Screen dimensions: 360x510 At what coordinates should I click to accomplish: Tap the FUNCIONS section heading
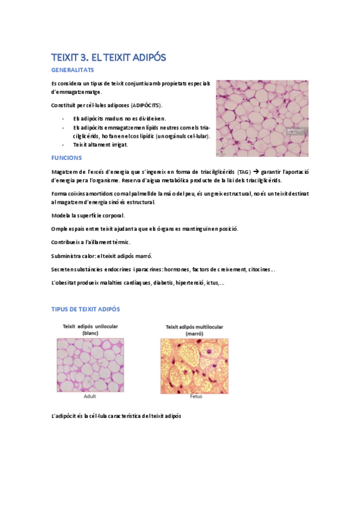coord(69,158)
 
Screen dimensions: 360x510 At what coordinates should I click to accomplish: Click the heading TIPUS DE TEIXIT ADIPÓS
coord(85,309)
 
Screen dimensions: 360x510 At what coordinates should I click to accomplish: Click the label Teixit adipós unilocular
coord(91,326)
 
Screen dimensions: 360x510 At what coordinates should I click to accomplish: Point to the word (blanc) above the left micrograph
coord(90,333)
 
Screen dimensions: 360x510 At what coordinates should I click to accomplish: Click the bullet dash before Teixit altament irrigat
coord(64,144)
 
